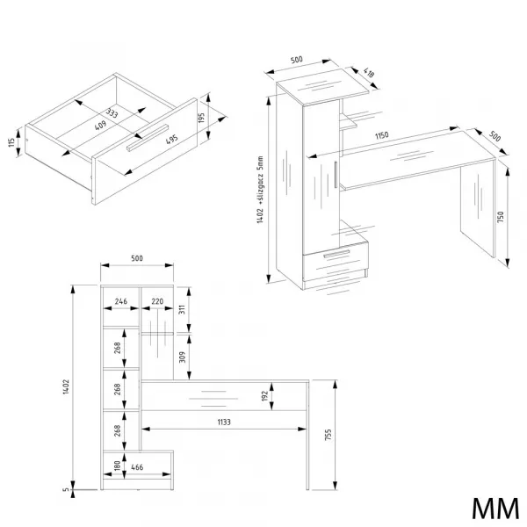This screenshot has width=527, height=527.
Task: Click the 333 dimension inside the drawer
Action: click(x=112, y=113)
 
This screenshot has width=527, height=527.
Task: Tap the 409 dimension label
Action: click(x=100, y=125)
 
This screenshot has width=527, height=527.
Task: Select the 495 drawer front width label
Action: click(x=172, y=139)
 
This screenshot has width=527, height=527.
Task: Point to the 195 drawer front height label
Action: click(x=201, y=118)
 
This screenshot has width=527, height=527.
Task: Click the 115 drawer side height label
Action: click(x=11, y=142)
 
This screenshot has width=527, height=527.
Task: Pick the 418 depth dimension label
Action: click(x=369, y=73)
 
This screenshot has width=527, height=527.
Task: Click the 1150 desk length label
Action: click(x=382, y=135)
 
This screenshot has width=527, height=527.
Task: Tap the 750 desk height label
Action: click(x=500, y=217)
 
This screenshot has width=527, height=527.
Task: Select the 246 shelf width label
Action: click(x=121, y=301)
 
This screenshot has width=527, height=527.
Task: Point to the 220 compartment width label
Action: click(x=157, y=301)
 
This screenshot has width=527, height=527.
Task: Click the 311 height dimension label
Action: click(x=182, y=309)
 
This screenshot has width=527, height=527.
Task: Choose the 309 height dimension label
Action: click(x=182, y=357)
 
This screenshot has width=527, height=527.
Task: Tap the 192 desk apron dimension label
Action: click(x=264, y=395)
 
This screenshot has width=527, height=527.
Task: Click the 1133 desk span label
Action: click(x=224, y=422)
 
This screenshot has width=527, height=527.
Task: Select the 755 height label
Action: click(x=328, y=434)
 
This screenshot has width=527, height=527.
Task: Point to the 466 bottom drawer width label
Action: click(x=137, y=467)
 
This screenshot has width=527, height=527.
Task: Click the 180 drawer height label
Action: click(x=117, y=466)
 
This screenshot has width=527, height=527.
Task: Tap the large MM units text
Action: click(x=495, y=509)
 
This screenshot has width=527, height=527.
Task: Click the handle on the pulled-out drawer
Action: click(x=148, y=138)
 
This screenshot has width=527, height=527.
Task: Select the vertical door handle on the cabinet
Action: click(x=336, y=175)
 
